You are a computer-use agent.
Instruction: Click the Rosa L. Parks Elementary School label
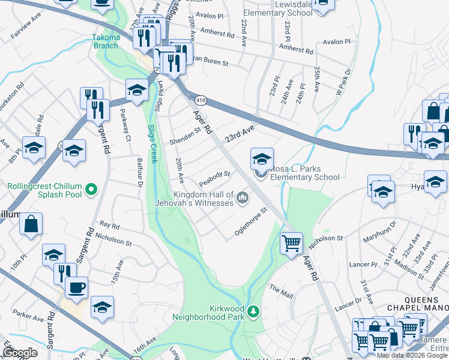pos(304,173)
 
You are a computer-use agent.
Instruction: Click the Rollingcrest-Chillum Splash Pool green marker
pos(91,190)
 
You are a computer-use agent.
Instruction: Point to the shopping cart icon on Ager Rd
pos(291,244)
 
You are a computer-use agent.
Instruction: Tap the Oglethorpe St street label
pos(251,222)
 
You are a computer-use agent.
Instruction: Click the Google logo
pos(20,353)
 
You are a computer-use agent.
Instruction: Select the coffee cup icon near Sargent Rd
pos(76,287)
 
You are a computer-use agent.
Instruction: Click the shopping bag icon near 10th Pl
pos(31,224)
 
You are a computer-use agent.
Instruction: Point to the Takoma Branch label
pos(106,42)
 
